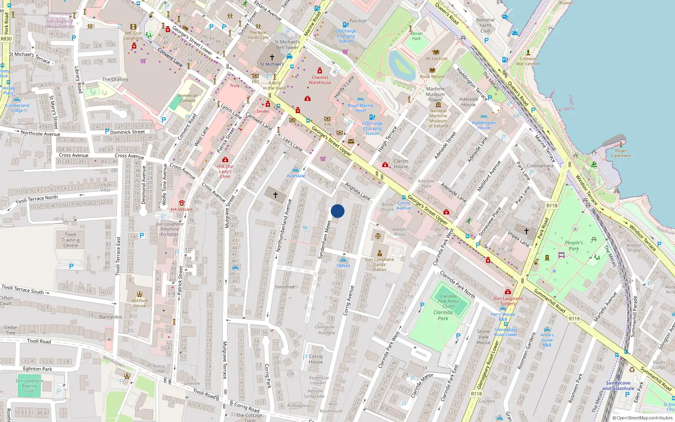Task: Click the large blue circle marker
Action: [x=337, y=211]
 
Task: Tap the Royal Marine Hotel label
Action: [x=360, y=108]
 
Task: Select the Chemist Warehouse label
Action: [x=320, y=80]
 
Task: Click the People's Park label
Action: [x=574, y=246]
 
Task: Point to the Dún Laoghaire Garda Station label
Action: [x=379, y=265]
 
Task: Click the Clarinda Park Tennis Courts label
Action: [x=448, y=301]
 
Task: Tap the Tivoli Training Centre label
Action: [x=70, y=240]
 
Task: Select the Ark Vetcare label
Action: [x=181, y=209]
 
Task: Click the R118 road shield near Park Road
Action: [x=552, y=206]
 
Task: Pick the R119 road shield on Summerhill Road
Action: [x=574, y=319]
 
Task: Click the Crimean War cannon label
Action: [x=528, y=61]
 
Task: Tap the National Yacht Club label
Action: [x=485, y=25]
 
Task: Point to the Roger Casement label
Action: [x=621, y=153]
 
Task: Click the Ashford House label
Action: [x=140, y=303]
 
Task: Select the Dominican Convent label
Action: [x=188, y=98]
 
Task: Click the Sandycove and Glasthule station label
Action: [x=618, y=386]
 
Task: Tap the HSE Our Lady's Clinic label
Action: [x=225, y=171]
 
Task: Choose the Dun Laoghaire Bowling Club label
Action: [x=29, y=386]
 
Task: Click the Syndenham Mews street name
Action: [x=324, y=240]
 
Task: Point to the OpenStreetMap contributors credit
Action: [x=642, y=418]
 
